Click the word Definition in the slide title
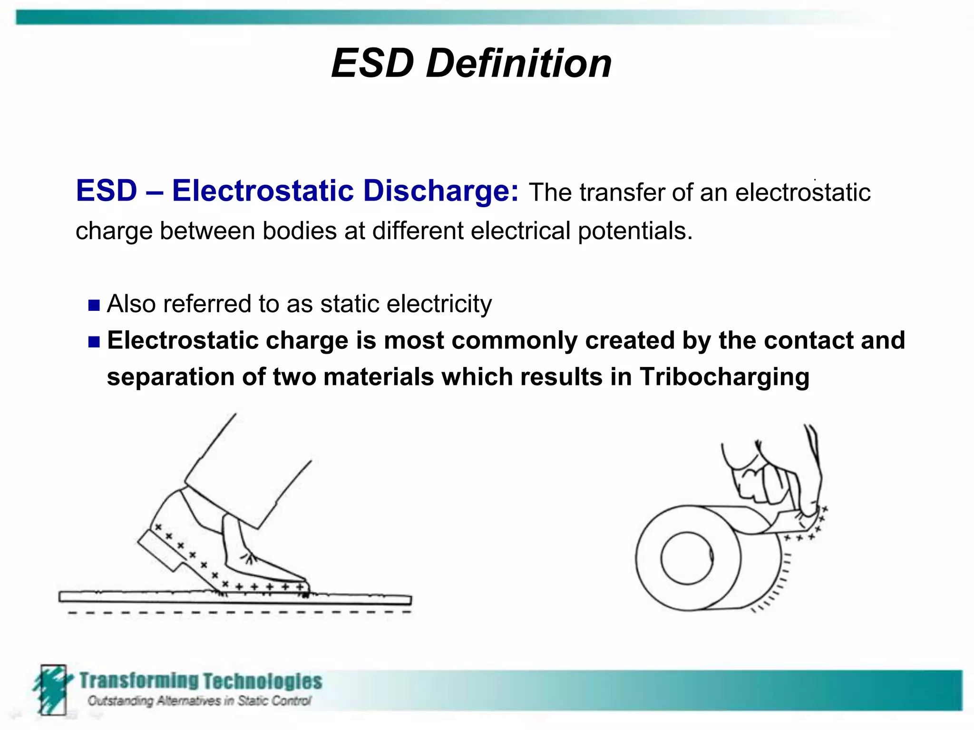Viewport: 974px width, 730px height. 518,64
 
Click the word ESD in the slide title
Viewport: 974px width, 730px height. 372,64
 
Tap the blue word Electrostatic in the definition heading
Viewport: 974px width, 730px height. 263,191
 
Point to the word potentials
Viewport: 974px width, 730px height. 635,231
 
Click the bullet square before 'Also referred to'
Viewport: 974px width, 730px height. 94,305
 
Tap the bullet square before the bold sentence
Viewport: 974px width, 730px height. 94,342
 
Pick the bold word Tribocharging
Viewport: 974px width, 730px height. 724,377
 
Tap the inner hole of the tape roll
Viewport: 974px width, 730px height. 686,558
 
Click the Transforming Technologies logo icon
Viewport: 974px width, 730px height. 51,689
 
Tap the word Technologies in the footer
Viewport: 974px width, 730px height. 263,682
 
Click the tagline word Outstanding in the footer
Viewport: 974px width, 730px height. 120,701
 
